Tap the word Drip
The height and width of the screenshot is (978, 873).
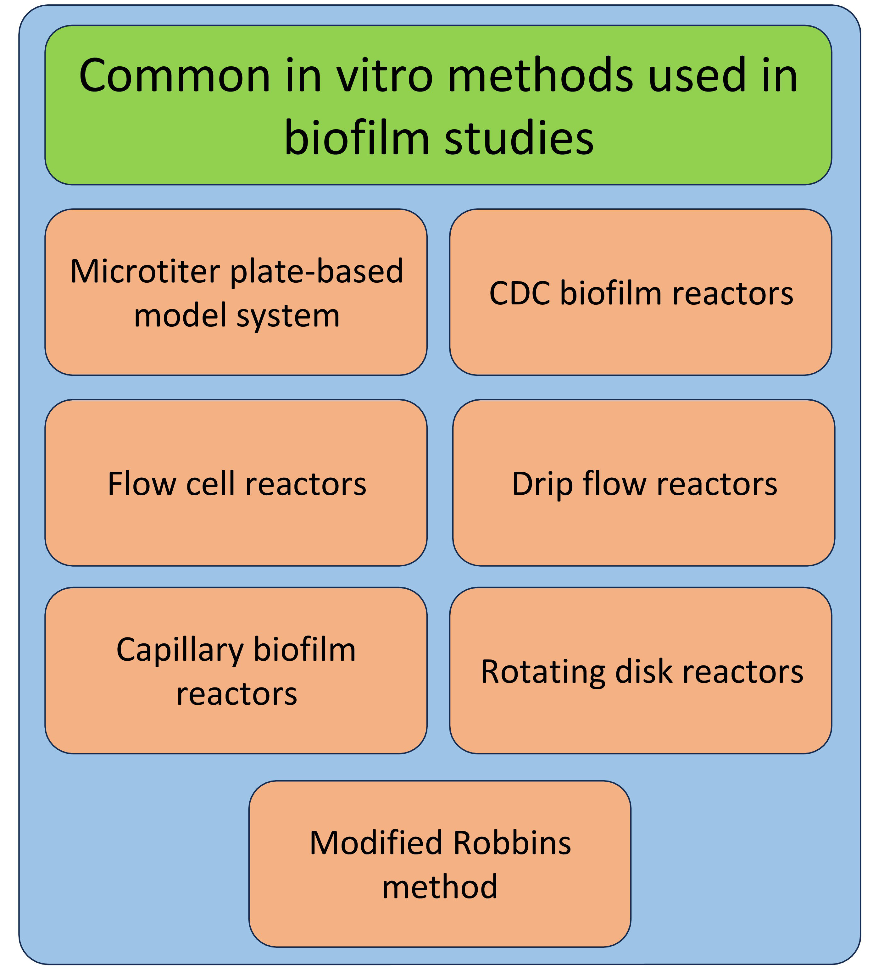[542, 485]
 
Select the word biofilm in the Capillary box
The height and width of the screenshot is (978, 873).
[305, 650]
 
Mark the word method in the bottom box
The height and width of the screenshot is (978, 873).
[440, 886]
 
